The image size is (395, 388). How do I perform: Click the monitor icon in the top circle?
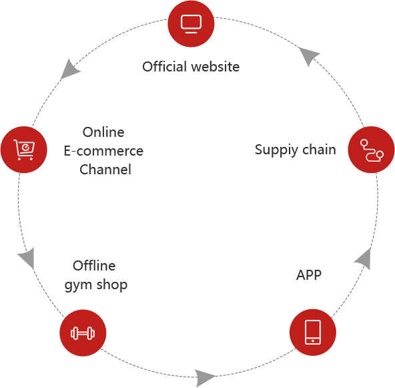[191, 24]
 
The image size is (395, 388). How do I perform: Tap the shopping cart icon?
[24, 150]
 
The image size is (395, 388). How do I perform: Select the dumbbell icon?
[83, 333]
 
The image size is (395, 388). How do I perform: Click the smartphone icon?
[313, 332]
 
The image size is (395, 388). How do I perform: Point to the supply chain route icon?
[372, 150]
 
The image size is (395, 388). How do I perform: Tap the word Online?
[103, 132]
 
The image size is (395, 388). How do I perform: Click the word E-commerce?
[103, 151]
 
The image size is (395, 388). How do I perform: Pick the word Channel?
[105, 170]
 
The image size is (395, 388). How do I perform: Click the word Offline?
[94, 266]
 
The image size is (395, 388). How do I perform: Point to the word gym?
[78, 285]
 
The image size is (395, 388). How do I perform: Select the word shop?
[112, 285]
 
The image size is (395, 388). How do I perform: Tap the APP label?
[309, 274]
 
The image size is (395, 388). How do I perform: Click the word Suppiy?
[277, 150]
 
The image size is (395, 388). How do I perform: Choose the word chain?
[319, 150]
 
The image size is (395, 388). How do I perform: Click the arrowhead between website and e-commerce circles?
[69, 70]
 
